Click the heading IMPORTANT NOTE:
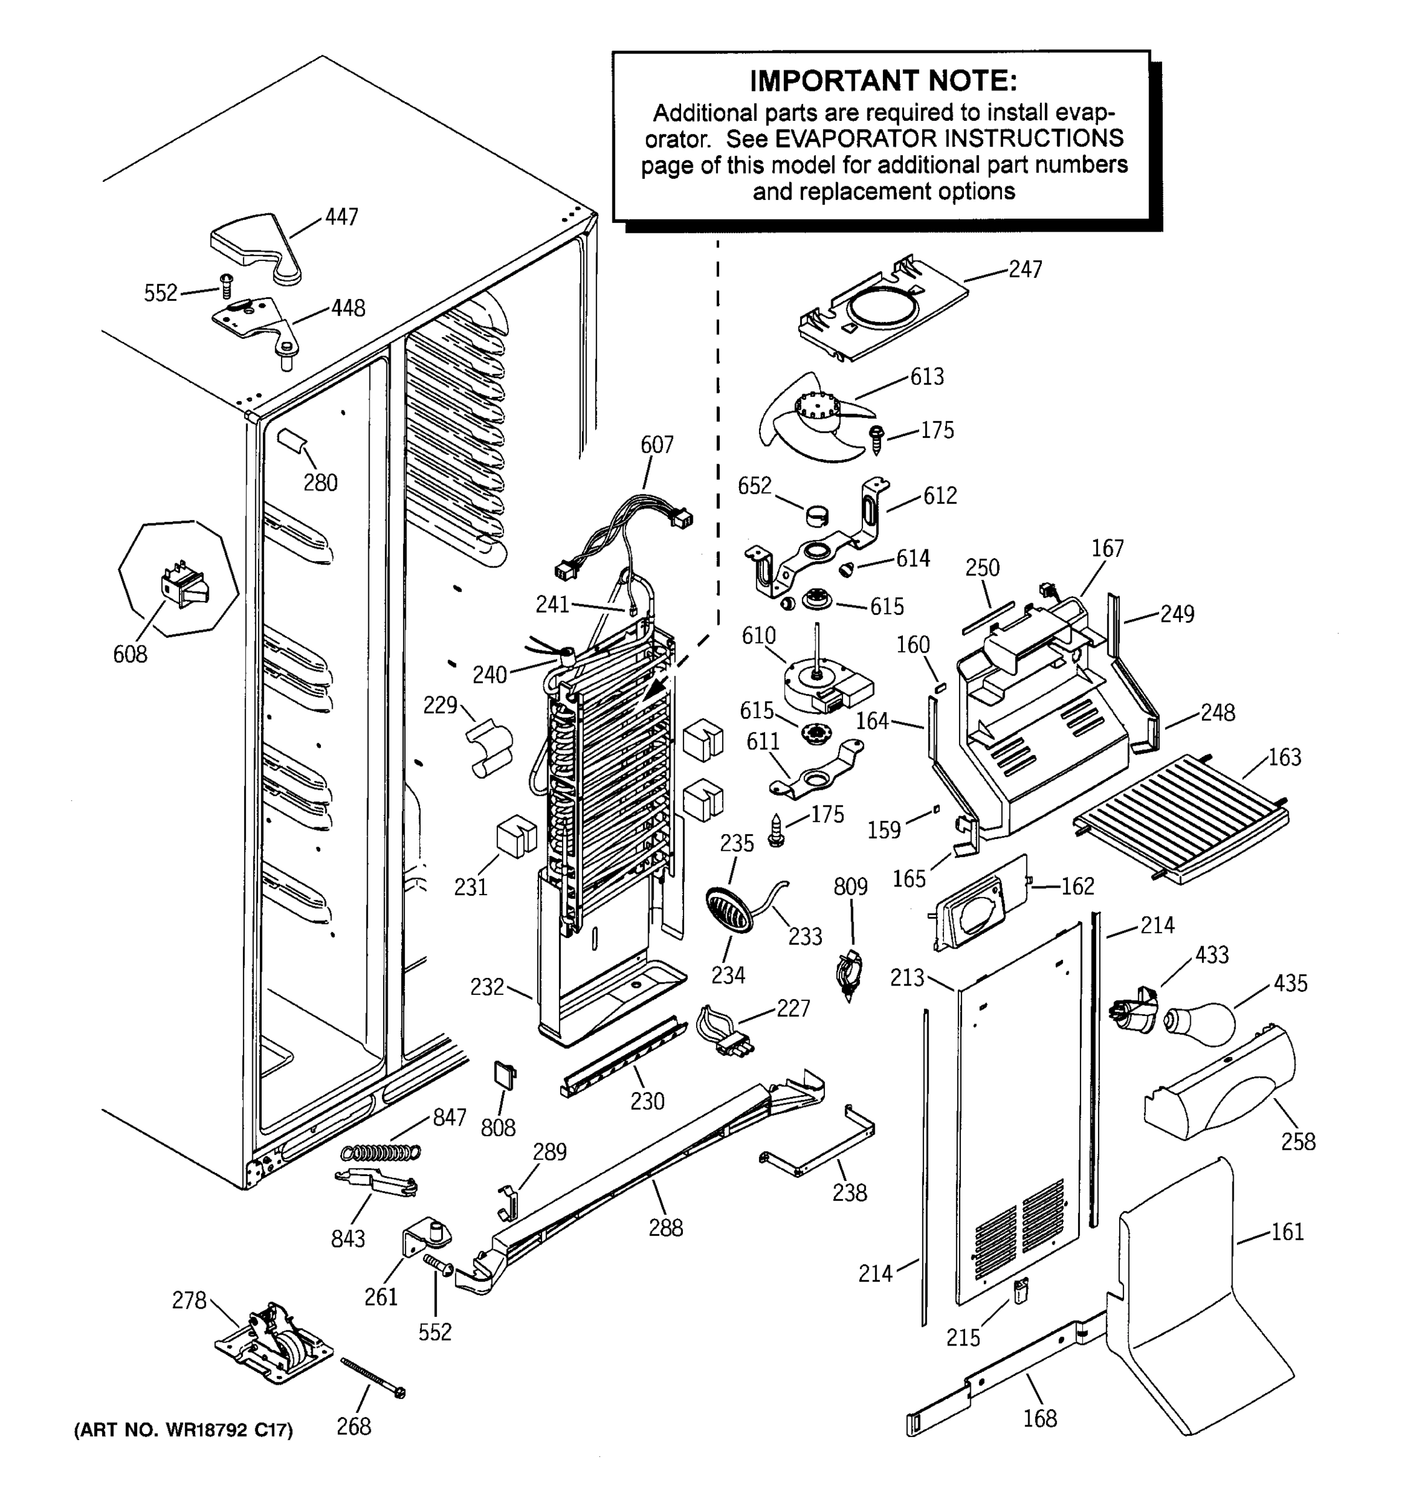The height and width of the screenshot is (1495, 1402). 883,80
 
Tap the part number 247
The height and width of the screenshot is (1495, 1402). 1025,268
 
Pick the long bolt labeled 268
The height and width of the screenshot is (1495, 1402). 373,1378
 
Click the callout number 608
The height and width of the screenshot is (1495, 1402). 130,654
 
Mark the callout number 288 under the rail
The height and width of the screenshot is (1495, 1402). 665,1228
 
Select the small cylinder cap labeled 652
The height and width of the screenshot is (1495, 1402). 817,516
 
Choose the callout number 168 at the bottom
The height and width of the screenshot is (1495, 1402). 1040,1418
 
